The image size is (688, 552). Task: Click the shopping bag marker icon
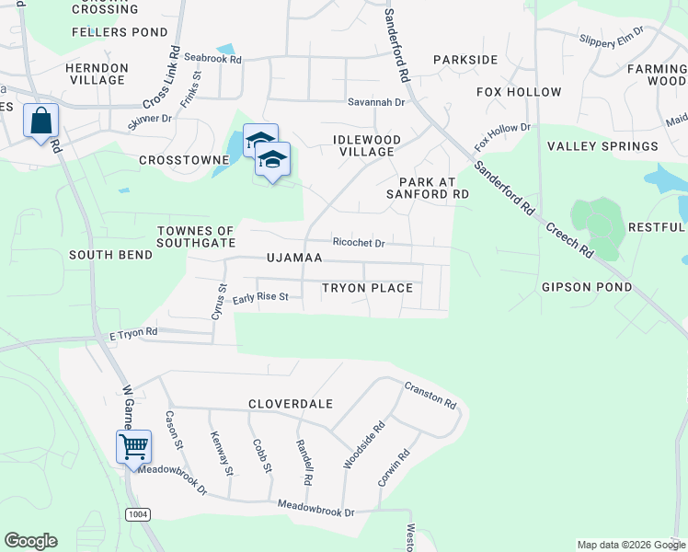tap(41, 121)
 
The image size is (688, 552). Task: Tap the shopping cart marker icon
tap(133, 448)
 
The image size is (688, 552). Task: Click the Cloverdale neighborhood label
tap(290, 404)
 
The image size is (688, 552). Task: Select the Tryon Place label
tap(367, 288)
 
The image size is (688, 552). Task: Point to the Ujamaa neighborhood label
tap(294, 259)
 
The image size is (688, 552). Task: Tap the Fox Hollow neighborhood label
tap(519, 92)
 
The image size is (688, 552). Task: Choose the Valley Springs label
tap(602, 146)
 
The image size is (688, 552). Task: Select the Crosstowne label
tap(183, 160)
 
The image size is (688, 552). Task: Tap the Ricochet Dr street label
tap(358, 243)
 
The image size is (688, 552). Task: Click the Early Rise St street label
tap(260, 298)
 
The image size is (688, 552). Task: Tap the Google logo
tap(30, 541)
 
